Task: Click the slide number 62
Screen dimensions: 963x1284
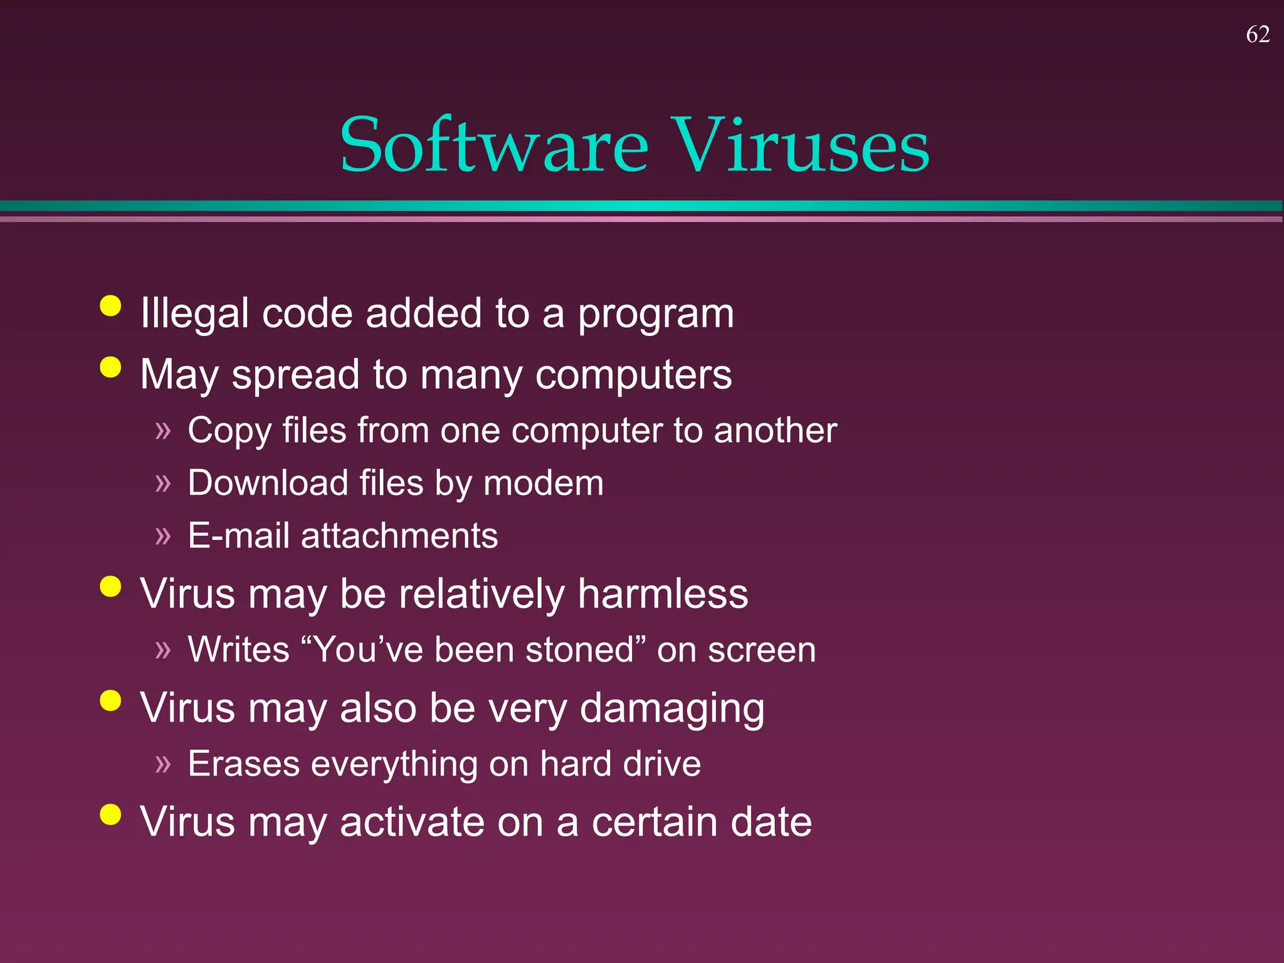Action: (x=1258, y=34)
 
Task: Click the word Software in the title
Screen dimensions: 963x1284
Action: (x=494, y=145)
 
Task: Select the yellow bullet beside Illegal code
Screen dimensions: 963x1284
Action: (x=110, y=307)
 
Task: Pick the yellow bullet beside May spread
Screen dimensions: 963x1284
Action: (x=110, y=367)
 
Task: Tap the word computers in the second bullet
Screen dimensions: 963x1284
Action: (x=633, y=375)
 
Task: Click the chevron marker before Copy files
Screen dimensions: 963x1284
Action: (x=163, y=431)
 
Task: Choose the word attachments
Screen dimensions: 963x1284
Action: (x=399, y=536)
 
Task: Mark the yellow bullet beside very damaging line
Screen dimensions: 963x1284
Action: (x=110, y=701)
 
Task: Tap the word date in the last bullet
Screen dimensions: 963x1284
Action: (x=771, y=822)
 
